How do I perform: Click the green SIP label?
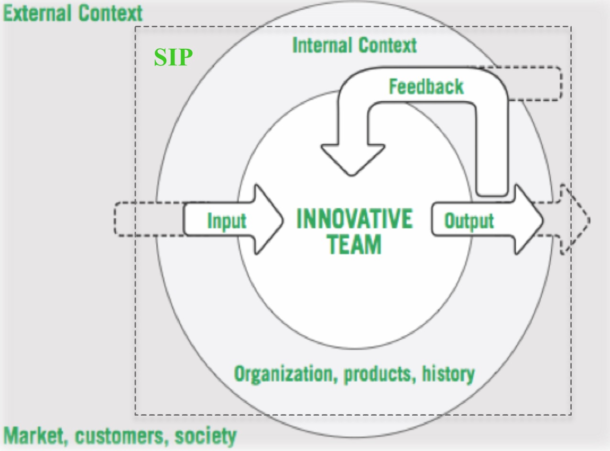(173, 57)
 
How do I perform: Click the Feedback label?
(426, 86)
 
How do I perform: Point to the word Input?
(227, 221)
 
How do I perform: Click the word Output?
(469, 221)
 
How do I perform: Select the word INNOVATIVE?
(355, 218)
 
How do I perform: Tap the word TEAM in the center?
(354, 244)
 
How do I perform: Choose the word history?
(448, 374)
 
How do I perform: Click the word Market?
(35, 436)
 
